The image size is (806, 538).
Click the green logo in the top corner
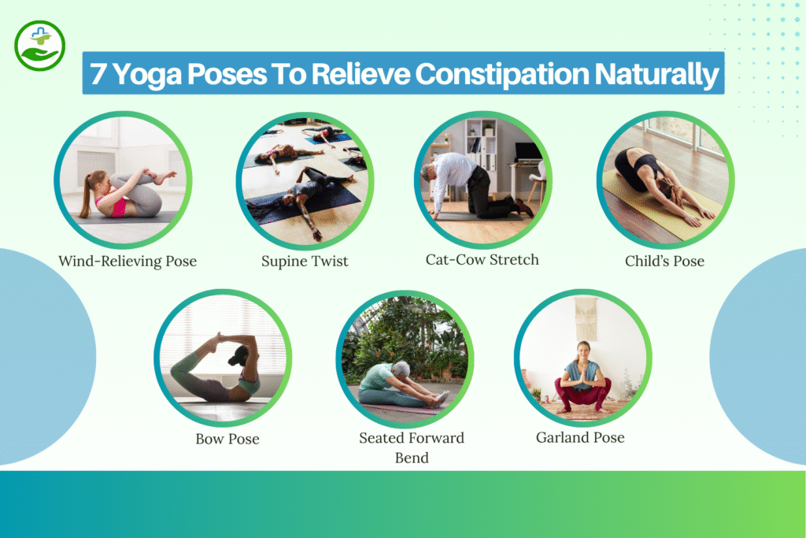tap(39, 46)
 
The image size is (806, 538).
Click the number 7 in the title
tap(99, 74)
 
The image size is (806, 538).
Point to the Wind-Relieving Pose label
tap(128, 261)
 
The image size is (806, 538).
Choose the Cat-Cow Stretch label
tap(482, 259)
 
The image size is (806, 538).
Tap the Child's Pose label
tap(665, 261)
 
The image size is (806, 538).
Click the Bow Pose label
tap(227, 438)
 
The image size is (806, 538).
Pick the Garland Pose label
tap(581, 437)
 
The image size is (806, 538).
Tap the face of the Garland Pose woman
tap(582, 349)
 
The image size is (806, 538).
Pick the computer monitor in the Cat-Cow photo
tap(528, 152)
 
